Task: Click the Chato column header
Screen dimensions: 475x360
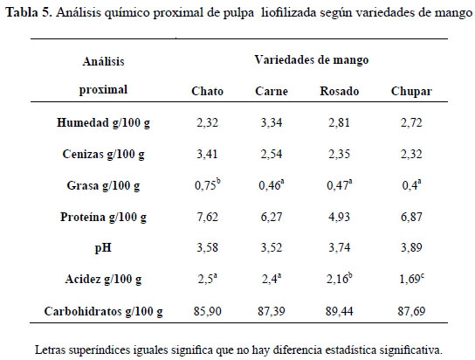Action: [207, 91]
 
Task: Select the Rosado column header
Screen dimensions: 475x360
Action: [340, 91]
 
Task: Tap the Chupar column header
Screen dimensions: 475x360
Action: [411, 92]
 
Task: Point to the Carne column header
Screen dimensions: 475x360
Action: [272, 91]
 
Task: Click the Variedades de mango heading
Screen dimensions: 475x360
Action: [312, 60]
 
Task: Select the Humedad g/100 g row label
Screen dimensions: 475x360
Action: [103, 123]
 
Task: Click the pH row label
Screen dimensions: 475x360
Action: [103, 248]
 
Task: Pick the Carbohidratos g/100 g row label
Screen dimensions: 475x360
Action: [103, 312]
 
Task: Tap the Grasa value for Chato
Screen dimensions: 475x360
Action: [208, 185]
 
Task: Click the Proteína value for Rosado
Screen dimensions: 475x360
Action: [340, 217]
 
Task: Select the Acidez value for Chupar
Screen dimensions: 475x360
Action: [411, 279]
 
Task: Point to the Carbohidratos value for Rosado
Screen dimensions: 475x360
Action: [340, 312]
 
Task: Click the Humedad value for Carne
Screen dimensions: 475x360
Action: [272, 122]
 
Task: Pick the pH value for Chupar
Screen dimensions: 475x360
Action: [411, 248]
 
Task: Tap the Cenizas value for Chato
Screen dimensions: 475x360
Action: [207, 155]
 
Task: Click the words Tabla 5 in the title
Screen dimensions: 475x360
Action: [29, 13]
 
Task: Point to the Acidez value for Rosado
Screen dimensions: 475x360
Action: [340, 279]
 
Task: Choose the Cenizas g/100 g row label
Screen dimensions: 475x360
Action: [103, 155]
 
